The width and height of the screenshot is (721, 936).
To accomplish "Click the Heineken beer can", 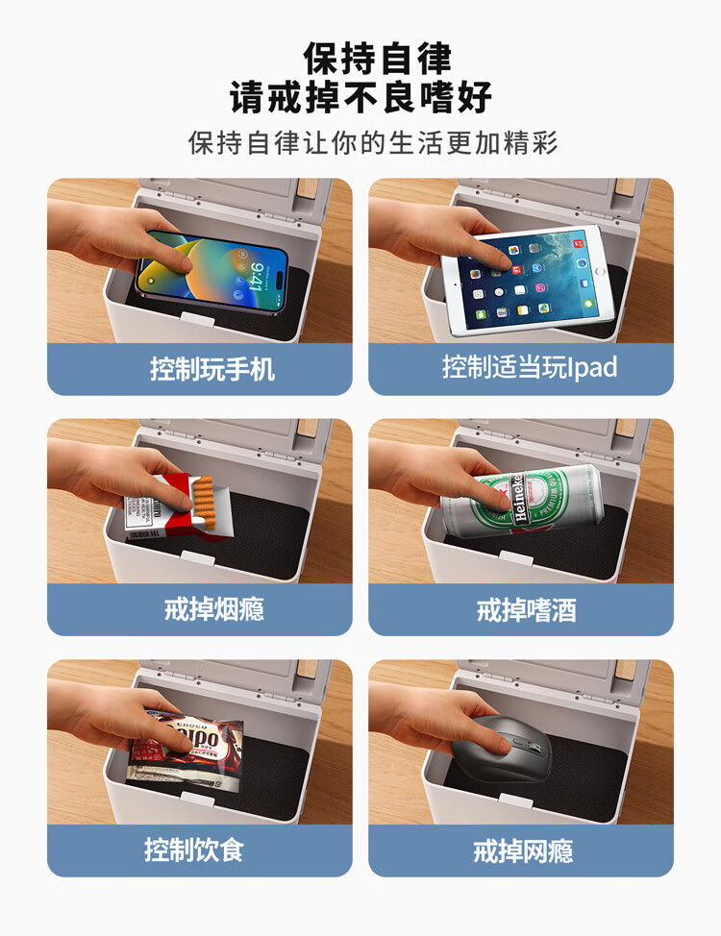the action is click(x=523, y=501).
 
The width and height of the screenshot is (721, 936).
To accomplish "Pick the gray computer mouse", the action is click(x=502, y=749).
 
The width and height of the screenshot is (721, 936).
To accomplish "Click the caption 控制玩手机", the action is click(x=212, y=369).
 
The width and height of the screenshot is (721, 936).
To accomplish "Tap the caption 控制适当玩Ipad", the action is click(x=530, y=368).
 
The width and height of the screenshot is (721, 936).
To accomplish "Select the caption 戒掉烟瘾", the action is click(x=213, y=609).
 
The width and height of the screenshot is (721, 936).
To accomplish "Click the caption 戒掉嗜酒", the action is click(x=526, y=610).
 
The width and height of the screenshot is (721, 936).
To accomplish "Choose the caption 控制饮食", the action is click(x=194, y=850).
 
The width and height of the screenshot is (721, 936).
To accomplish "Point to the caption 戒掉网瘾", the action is click(x=523, y=850).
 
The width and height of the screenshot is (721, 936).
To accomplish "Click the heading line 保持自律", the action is click(x=377, y=58).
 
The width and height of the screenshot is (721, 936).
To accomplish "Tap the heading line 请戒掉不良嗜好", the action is click(x=360, y=97).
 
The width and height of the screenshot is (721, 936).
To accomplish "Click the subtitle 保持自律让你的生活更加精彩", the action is click(x=373, y=143).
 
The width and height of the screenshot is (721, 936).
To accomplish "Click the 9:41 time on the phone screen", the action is click(x=257, y=277).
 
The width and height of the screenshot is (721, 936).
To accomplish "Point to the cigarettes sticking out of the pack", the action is click(x=205, y=502).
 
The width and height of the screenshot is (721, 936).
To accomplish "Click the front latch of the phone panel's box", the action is click(x=197, y=319).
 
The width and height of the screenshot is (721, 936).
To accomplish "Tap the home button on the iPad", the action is click(x=600, y=272).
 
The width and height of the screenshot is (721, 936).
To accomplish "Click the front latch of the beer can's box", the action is click(x=516, y=558).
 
